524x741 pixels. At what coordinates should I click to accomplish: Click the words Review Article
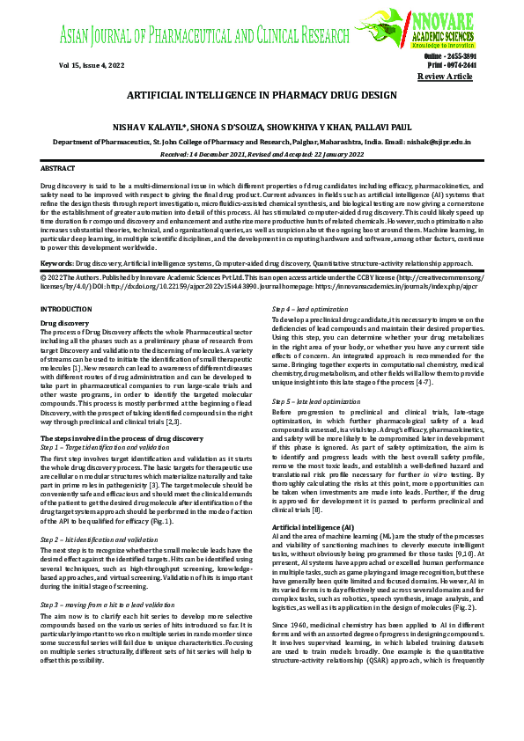tap(445, 77)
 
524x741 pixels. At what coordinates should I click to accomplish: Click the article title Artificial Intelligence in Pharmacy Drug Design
tap(262, 94)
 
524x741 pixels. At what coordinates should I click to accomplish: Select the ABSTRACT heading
tap(58, 167)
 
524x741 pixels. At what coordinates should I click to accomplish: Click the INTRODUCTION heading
tap(67, 308)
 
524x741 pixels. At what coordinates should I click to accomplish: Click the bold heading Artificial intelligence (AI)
tap(314, 526)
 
